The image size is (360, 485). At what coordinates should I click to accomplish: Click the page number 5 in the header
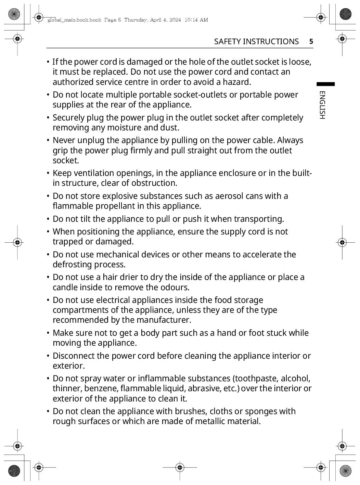(311, 41)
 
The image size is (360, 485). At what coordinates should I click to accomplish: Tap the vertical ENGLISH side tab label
(322, 105)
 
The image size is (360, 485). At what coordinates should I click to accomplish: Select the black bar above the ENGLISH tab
(325, 84)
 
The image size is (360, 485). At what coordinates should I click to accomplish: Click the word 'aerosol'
(229, 196)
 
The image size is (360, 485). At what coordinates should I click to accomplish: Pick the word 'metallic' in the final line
(211, 421)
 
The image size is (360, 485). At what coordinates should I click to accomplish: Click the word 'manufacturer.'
(164, 320)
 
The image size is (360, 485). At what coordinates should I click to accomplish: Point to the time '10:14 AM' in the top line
(196, 20)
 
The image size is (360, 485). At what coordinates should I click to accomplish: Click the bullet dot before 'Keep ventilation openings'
(48, 173)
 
